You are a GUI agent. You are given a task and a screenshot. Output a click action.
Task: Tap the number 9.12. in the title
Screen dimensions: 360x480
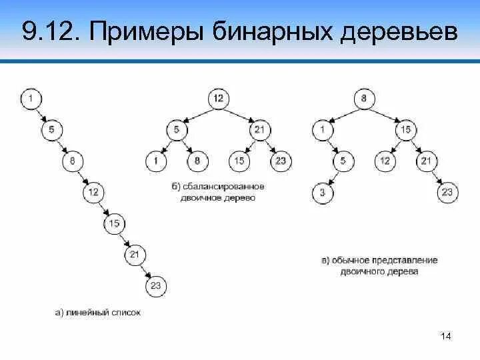(x=52, y=31)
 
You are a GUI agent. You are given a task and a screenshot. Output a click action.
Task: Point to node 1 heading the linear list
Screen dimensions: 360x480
(x=31, y=99)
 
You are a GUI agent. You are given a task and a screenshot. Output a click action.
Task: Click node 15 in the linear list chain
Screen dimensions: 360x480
(x=114, y=223)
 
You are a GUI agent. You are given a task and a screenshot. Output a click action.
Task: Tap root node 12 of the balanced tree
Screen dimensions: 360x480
(x=218, y=99)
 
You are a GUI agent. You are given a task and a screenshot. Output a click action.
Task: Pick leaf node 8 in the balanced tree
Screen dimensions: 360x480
(x=197, y=161)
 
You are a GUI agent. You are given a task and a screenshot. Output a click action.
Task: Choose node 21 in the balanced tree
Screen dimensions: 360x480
(x=259, y=130)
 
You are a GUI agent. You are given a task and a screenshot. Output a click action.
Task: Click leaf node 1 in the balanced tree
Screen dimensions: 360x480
(x=156, y=161)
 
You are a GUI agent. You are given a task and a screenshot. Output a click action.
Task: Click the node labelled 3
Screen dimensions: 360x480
(x=322, y=193)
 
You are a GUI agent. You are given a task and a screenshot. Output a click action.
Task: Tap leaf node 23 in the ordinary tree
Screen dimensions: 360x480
(x=447, y=193)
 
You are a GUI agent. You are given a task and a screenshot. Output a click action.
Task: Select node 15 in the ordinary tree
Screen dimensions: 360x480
(x=405, y=130)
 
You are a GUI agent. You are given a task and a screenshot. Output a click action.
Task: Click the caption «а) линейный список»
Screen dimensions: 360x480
(x=98, y=311)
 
